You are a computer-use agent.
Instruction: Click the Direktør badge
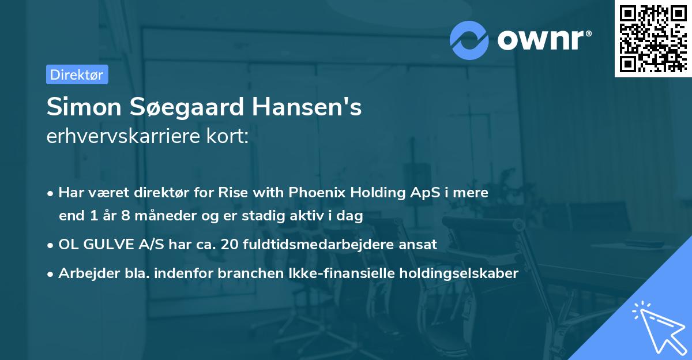point(77,74)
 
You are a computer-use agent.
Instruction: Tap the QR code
point(653,38)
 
